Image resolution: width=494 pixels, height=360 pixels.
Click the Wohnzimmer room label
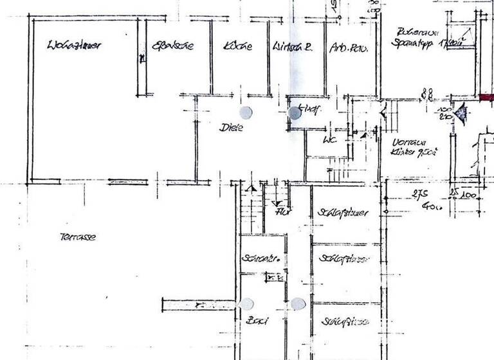[75, 46]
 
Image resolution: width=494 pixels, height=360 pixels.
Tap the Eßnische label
[172, 46]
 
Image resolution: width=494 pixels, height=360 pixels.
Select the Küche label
[238, 46]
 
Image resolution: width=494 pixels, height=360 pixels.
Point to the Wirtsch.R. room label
[292, 47]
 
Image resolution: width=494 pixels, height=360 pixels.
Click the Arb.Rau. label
[346, 48]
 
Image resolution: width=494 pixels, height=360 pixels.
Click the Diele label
[232, 128]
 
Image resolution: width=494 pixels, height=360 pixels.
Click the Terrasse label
[78, 237]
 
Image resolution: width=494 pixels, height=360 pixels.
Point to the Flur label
[280, 211]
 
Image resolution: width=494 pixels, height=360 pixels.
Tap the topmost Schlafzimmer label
[343, 213]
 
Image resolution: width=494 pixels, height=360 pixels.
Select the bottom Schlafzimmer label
[345, 321]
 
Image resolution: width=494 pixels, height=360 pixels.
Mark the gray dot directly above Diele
[246, 113]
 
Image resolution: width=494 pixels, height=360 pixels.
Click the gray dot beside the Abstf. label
[295, 113]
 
